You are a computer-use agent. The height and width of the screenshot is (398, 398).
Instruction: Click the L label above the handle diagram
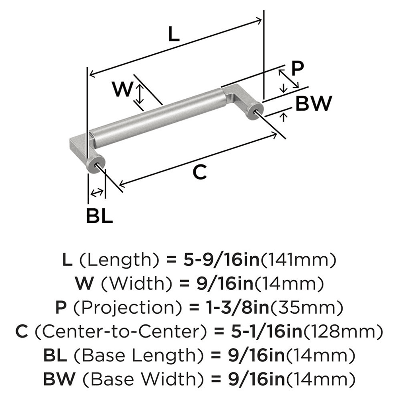174,35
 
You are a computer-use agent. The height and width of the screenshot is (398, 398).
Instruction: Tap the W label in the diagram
122,89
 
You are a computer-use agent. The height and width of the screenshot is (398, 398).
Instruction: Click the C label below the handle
199,172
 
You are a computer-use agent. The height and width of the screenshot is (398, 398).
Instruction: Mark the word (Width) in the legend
132,284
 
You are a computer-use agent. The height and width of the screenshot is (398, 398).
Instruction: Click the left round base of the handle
96,163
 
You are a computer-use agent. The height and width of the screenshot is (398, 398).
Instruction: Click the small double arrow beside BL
96,193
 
